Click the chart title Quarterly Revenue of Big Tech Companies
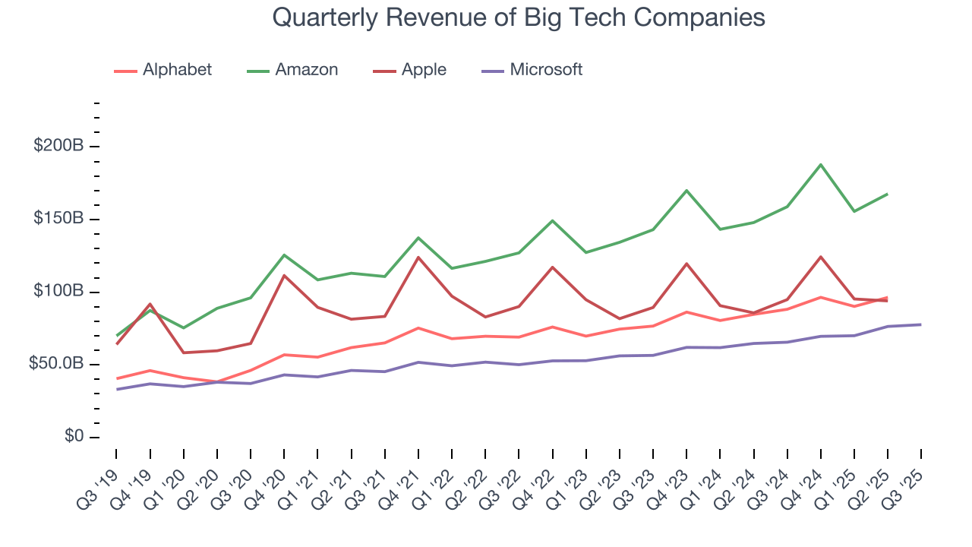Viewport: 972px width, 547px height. tap(518, 17)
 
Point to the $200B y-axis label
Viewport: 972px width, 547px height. tap(58, 146)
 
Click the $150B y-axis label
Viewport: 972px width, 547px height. tap(58, 219)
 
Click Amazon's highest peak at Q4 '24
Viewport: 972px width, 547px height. tap(821, 165)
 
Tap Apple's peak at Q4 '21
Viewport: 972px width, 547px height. tap(418, 257)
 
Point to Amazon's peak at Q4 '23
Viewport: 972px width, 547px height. tap(686, 191)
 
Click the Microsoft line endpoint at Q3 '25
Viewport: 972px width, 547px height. tap(921, 324)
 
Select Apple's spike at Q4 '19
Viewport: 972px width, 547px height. tap(150, 304)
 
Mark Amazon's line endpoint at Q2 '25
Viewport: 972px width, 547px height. tap(888, 194)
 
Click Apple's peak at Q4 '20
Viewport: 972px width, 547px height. tap(284, 275)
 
